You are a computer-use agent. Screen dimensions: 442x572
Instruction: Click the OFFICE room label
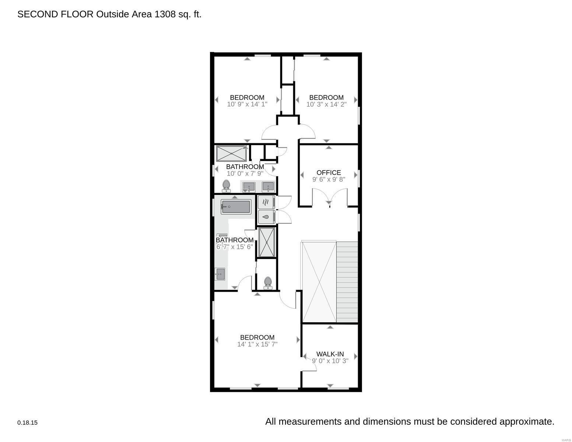(329, 172)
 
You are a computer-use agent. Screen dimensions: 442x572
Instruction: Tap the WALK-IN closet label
(330, 354)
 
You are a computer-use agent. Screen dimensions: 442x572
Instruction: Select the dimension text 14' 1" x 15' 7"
(257, 344)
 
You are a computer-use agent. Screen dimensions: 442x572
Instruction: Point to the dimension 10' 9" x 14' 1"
(247, 104)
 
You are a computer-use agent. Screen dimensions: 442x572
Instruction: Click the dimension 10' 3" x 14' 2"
(326, 104)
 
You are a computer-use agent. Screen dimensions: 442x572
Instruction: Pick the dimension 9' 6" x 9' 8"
(329, 179)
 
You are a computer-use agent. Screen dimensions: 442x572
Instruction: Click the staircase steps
(347, 282)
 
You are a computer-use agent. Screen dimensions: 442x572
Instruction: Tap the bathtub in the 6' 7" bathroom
(236, 207)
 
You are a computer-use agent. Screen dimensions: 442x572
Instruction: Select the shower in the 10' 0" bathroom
(232, 154)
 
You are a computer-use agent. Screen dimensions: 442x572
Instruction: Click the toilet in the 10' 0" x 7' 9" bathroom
(226, 186)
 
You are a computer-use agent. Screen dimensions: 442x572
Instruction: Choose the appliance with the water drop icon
(266, 217)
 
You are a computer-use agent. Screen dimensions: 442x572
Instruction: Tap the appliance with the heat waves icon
(266, 202)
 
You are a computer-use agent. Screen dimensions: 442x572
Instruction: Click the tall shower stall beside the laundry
(267, 242)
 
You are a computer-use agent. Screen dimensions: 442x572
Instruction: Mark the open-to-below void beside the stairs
(319, 282)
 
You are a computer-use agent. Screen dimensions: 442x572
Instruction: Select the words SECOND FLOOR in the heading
(55, 14)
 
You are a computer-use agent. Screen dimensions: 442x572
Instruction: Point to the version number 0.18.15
(27, 422)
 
